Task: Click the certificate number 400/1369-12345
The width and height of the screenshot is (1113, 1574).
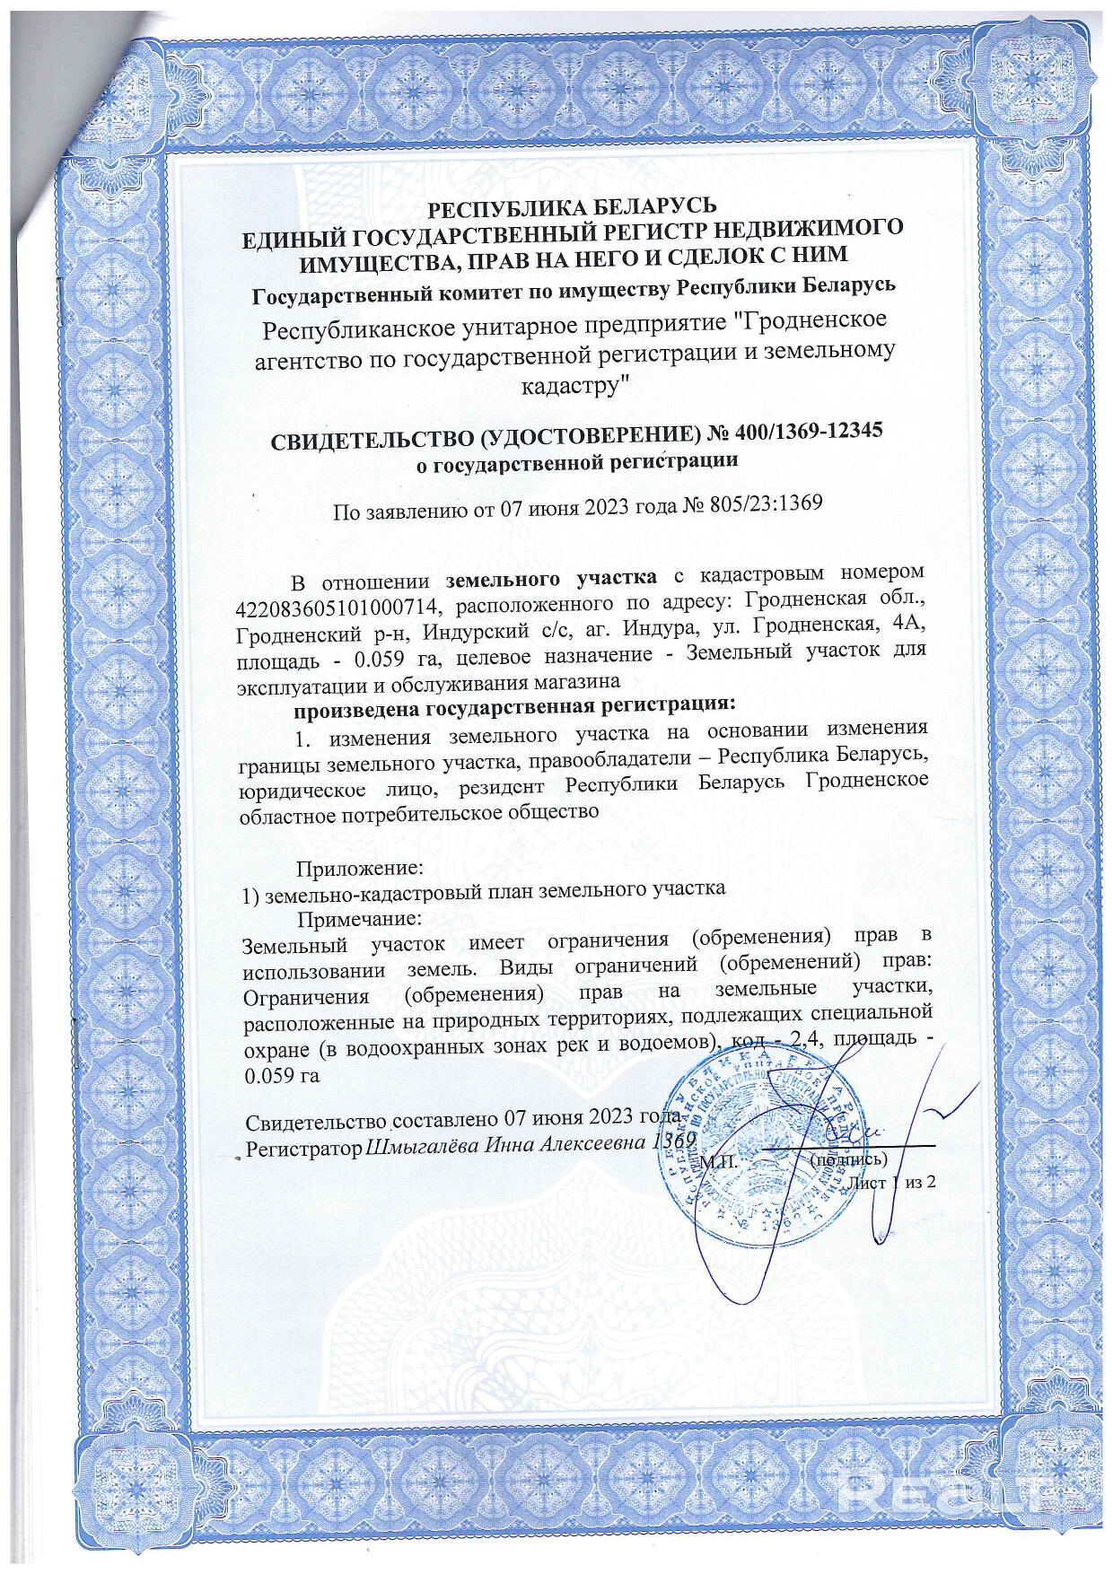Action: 808,432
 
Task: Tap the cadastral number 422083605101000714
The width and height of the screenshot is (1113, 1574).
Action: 337,606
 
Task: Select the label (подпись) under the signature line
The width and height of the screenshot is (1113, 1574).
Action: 848,1159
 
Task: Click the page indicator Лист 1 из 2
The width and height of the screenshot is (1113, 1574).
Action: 891,1182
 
